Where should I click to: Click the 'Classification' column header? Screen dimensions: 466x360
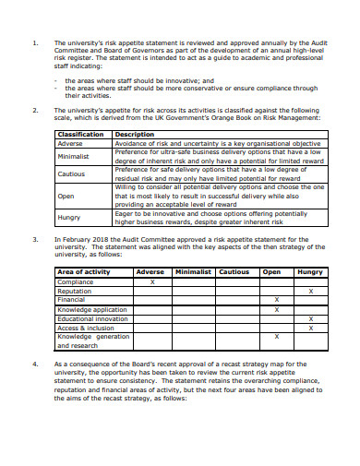[x=80, y=135]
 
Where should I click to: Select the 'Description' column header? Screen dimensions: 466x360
[x=134, y=135]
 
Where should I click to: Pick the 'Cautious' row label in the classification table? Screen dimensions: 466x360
[x=71, y=173]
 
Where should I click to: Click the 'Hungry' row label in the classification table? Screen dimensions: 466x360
[x=69, y=218]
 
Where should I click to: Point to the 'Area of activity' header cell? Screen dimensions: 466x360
[x=84, y=272]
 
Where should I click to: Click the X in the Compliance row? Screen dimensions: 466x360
[x=151, y=281]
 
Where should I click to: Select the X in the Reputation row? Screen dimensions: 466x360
[x=310, y=291]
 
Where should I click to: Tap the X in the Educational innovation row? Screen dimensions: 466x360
[x=310, y=318]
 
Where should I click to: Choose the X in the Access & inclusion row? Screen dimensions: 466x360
[x=310, y=328]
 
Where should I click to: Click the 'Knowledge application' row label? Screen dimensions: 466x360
[x=92, y=309]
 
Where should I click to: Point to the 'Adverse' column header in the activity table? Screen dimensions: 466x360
[x=150, y=272]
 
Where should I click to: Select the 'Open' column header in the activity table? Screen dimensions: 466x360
[x=271, y=272]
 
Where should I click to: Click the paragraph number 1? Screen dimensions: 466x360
[x=34, y=43]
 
